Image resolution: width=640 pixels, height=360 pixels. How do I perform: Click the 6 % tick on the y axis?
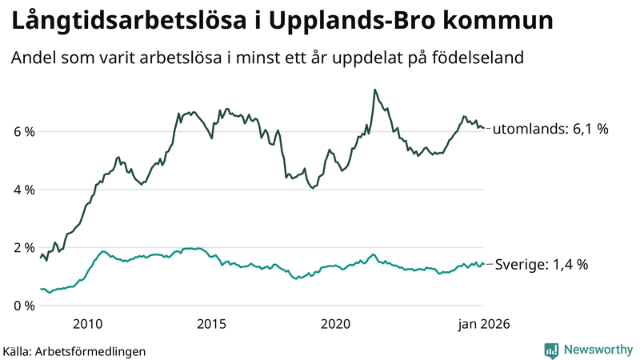[x=23, y=131]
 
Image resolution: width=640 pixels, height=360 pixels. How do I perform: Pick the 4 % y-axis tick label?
[x=23, y=190]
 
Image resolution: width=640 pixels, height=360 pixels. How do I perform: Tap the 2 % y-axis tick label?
[x=23, y=247]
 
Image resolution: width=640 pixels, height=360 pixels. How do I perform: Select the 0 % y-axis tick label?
[x=23, y=306]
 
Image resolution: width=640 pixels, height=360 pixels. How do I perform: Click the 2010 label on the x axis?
[x=88, y=324]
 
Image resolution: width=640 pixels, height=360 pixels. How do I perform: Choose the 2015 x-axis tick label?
[x=212, y=324]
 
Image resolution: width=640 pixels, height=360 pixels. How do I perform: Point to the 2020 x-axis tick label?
[x=336, y=324]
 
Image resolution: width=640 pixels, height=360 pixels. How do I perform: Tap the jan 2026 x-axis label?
[x=483, y=324]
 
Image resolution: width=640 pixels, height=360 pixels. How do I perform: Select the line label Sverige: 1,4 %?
[x=542, y=265]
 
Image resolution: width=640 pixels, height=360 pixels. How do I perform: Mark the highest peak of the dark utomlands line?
[x=374, y=90]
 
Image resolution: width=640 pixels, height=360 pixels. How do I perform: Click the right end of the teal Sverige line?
[x=484, y=265]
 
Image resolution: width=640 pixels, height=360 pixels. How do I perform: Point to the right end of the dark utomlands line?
[x=484, y=128]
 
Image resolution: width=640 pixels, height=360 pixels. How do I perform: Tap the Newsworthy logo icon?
[x=551, y=350]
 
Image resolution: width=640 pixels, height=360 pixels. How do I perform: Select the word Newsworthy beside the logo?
[x=598, y=350]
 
